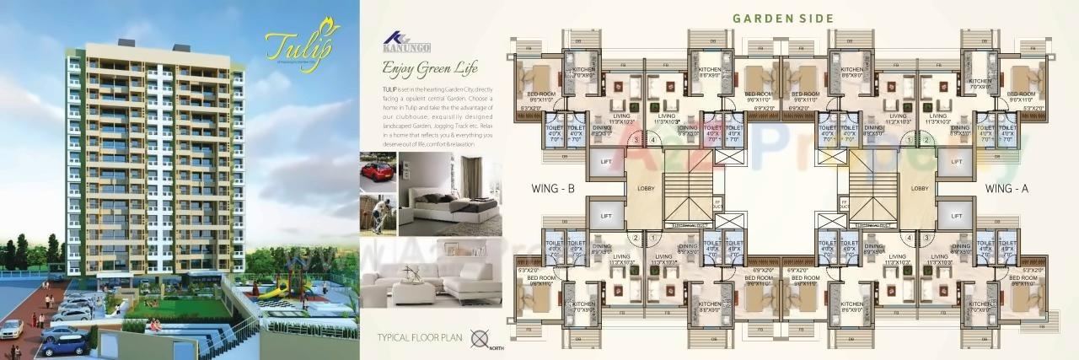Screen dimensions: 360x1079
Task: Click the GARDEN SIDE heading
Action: (x=783, y=18)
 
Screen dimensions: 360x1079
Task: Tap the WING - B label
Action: (x=554, y=189)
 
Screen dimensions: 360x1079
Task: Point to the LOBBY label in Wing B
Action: (x=647, y=189)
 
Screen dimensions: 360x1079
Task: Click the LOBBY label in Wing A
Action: (x=920, y=189)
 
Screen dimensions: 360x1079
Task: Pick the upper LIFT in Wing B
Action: (x=605, y=161)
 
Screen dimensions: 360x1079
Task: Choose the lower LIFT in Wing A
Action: (x=956, y=216)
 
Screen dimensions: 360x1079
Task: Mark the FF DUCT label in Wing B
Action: (x=717, y=202)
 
